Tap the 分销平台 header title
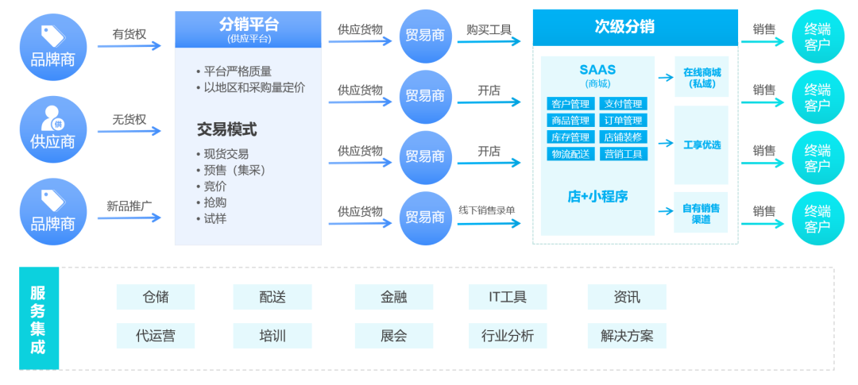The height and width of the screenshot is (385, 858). pos(248,25)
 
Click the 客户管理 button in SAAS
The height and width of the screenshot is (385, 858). pos(570,104)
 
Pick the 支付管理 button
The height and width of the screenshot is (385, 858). pos(623,104)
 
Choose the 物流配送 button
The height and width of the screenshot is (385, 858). pos(570,154)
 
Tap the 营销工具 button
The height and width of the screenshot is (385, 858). pos(623,154)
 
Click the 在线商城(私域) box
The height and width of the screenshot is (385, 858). pos(701,77)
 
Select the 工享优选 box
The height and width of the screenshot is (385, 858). pos(701,144)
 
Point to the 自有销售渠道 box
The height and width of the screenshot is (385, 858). pos(701,213)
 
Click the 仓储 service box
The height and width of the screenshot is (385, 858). pos(156,297)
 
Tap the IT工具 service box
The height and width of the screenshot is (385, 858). pos(508,297)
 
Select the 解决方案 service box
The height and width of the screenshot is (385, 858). pos(627,336)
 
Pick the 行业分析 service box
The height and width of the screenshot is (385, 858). pos(508,336)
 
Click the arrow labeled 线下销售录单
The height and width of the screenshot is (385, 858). pos(488,223)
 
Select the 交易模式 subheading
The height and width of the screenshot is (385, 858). pos(226,129)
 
